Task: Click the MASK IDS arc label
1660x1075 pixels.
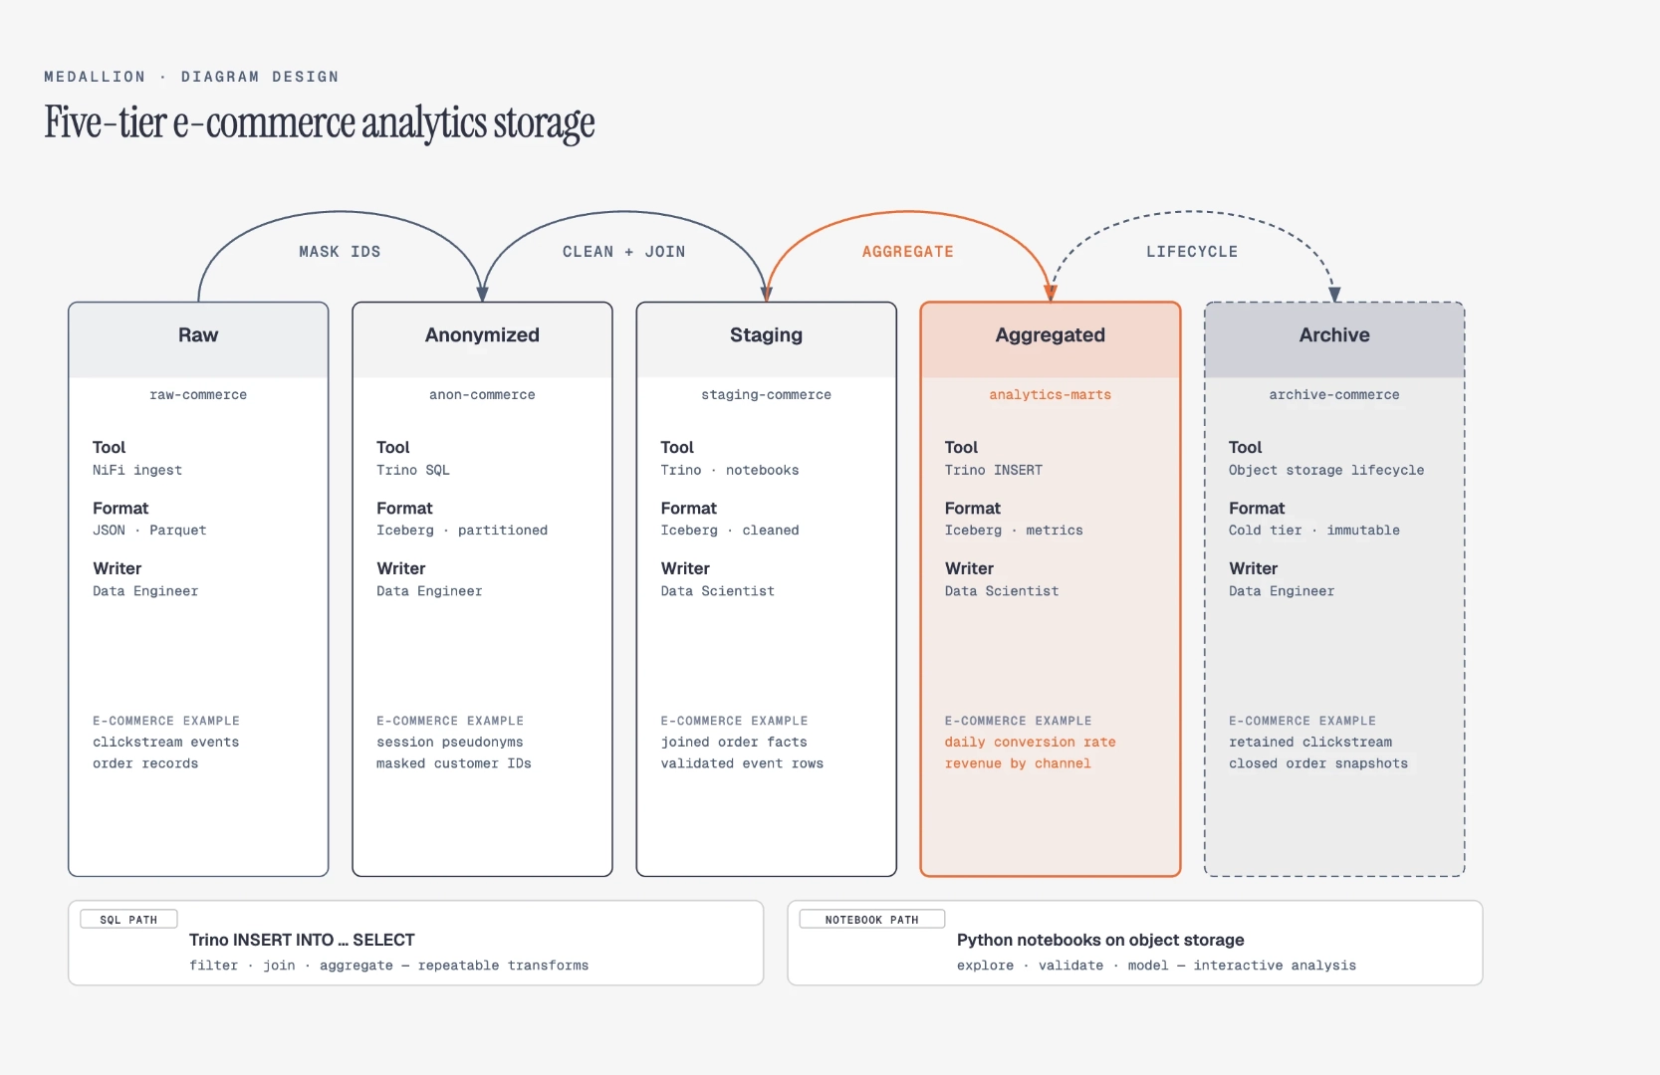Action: [x=340, y=252]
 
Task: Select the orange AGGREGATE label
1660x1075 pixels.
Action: [x=908, y=252]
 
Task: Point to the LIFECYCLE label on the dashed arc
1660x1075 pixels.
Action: [x=1192, y=252]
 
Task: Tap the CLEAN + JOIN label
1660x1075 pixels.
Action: [x=624, y=252]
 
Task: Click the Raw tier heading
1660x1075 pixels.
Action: [x=198, y=334]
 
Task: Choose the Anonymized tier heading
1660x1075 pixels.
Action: [x=482, y=334]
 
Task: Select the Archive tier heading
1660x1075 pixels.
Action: [x=1334, y=334]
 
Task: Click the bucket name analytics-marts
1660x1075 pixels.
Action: [x=1051, y=395]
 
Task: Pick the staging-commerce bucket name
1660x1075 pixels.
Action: [x=766, y=395]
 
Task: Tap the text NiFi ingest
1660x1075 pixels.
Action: [x=137, y=470]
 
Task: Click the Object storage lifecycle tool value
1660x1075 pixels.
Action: [x=1325, y=470]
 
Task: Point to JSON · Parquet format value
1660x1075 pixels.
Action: [x=149, y=531]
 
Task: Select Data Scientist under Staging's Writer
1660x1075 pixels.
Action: [x=717, y=591]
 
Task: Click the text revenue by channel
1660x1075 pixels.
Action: [x=1018, y=763]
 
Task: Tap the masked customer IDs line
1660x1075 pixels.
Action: [x=453, y=763]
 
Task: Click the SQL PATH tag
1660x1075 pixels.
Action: [x=128, y=920]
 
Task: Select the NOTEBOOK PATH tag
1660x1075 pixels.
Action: [x=871, y=920]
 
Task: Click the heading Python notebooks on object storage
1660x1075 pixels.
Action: [x=1100, y=940]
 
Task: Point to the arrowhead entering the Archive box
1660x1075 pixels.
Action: [x=1334, y=295]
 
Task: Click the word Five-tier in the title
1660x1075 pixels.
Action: [x=106, y=122]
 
